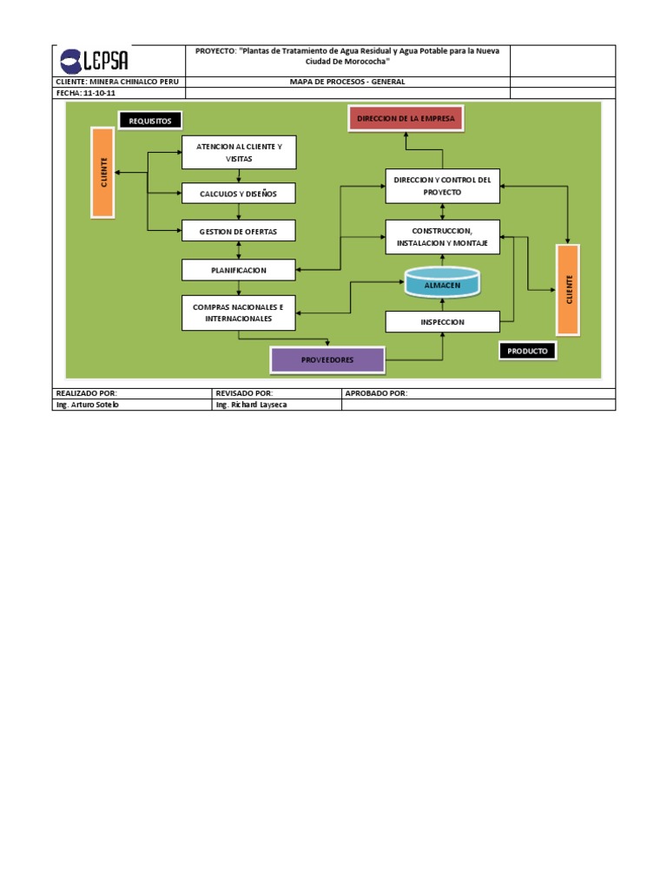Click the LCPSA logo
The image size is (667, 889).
[94, 61]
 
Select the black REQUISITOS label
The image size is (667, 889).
[150, 121]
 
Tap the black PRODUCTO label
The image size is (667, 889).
[528, 350]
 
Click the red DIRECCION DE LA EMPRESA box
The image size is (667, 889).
[406, 118]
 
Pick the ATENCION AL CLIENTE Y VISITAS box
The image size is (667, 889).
[239, 153]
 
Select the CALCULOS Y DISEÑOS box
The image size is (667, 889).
[239, 194]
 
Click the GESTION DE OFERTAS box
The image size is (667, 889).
[239, 230]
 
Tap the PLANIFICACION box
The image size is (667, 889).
[239, 270]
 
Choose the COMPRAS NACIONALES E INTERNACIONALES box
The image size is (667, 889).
[239, 313]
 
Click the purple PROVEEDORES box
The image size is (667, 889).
[327, 359]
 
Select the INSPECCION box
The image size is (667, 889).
[443, 322]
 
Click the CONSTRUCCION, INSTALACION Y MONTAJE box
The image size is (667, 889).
[443, 237]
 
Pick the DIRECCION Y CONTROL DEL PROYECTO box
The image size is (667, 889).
[443, 185]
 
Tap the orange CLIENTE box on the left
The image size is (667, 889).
[102, 171]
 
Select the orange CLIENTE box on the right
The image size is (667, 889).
[568, 289]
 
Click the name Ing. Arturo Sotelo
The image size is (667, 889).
[89, 405]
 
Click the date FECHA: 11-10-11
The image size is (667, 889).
[86, 93]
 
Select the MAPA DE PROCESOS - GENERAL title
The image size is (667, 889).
[347, 82]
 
